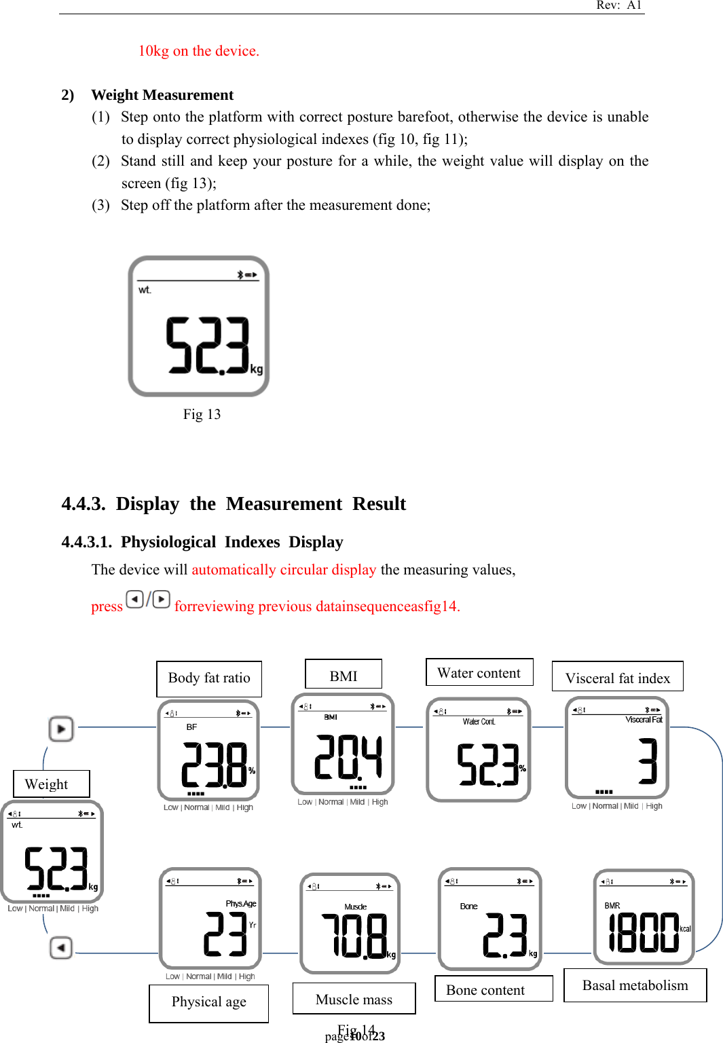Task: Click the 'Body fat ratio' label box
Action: (209, 678)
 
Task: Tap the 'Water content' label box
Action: (479, 672)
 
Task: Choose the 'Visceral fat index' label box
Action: (617, 677)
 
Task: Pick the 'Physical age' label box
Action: (208, 1003)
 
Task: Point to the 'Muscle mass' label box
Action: (354, 999)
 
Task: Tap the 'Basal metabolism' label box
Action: (635, 985)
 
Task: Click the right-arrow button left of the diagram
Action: (61, 729)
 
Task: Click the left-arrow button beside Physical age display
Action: (61, 947)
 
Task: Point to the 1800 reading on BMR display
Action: (643, 933)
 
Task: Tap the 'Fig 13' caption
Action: (202, 414)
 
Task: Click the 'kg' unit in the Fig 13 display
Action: (257, 369)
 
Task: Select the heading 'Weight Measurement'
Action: (162, 95)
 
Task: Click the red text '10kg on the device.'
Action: (198, 51)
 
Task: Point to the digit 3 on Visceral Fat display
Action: (648, 761)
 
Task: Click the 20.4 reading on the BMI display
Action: (348, 758)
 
